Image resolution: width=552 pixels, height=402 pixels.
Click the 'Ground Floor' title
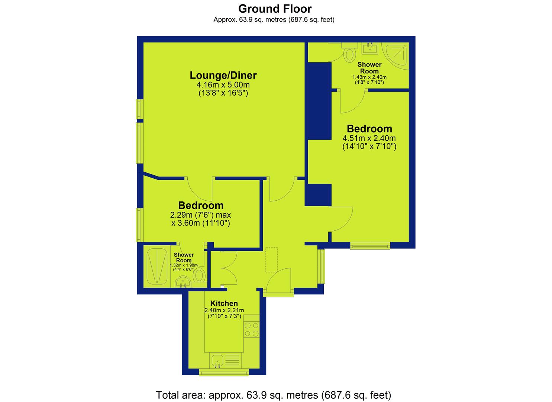[x=275, y=9]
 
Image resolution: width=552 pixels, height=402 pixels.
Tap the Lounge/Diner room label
[x=223, y=75]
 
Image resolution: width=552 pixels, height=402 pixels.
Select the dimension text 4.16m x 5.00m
[x=223, y=85]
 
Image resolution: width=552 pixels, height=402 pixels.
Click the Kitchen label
[x=224, y=303]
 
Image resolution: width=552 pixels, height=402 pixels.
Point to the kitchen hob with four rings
[x=252, y=330]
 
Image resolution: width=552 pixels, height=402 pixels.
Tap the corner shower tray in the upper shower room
[x=396, y=55]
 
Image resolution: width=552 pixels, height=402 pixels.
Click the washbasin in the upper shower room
[x=370, y=48]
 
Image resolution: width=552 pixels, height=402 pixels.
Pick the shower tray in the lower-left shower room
[x=157, y=267]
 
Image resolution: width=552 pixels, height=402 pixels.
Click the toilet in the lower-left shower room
[x=200, y=276]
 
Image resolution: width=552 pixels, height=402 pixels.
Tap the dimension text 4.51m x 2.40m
[x=369, y=138]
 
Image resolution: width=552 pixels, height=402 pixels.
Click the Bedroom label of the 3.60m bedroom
[x=201, y=205]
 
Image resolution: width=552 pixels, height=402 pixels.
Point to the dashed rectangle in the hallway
[x=271, y=260]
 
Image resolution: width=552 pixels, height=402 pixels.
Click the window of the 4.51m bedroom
[x=370, y=246]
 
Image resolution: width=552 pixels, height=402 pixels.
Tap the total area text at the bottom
[x=274, y=395]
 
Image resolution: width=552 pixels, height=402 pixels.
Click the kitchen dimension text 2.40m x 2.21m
[x=224, y=310]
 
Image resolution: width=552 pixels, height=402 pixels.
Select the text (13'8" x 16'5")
[x=223, y=93]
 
